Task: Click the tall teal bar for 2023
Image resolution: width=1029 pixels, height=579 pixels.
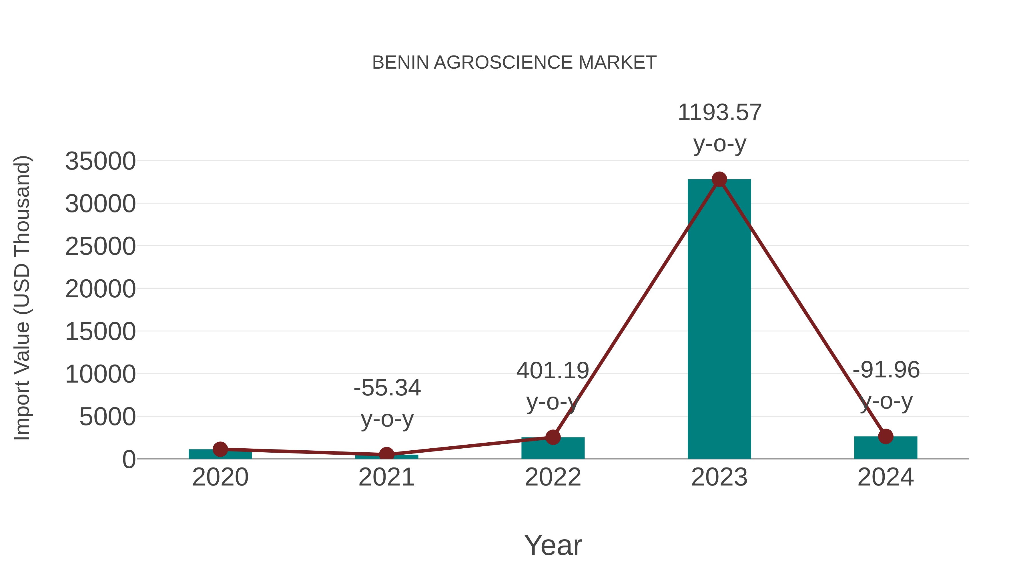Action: click(x=719, y=320)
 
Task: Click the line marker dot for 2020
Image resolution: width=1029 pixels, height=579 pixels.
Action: click(x=220, y=449)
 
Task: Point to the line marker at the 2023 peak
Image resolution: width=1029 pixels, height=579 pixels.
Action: click(x=719, y=179)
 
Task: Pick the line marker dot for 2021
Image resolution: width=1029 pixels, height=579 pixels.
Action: click(x=386, y=454)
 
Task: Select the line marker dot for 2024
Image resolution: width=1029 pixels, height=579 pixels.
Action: click(x=886, y=436)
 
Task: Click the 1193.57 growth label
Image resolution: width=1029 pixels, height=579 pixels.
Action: click(x=719, y=113)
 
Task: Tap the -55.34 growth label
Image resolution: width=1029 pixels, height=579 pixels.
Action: click(x=387, y=388)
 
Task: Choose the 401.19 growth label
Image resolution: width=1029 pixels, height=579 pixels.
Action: click(x=553, y=370)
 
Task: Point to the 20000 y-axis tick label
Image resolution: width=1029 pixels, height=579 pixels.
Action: click(x=100, y=289)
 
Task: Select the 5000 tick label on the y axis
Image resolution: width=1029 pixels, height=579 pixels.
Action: click(x=107, y=417)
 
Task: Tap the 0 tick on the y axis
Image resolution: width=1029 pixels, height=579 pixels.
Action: click(x=129, y=459)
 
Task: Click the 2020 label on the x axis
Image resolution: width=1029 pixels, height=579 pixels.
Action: click(x=220, y=477)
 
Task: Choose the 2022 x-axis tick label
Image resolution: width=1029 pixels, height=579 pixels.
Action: click(x=553, y=477)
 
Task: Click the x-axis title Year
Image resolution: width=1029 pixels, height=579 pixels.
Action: click(x=553, y=545)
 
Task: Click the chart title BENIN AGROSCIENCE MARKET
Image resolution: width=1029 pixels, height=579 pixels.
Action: click(x=514, y=63)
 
